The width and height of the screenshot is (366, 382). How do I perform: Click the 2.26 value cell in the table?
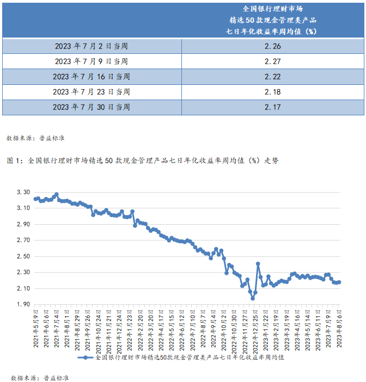point(272,46)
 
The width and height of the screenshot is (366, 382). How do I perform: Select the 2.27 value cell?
point(272,61)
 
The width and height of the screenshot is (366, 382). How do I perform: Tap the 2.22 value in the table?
point(272,77)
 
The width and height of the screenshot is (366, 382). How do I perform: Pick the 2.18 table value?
point(272,92)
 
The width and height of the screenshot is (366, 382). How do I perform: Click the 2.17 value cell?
point(272,107)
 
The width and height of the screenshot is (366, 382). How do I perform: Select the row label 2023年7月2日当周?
point(91,46)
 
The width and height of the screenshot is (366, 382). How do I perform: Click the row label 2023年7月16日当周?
point(91,77)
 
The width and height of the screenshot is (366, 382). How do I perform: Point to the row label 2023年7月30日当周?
point(91,107)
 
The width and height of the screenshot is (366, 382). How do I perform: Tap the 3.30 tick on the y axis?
point(23,193)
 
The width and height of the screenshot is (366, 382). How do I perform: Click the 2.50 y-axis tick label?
point(23,256)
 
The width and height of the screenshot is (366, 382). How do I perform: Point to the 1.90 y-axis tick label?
point(23,304)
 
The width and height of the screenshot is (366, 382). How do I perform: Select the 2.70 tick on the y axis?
point(23,241)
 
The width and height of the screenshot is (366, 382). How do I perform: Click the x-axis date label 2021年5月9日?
point(36,326)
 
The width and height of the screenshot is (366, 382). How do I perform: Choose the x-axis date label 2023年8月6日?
point(340,326)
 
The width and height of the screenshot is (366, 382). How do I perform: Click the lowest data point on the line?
point(253,298)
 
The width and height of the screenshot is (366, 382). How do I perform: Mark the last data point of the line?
point(339,282)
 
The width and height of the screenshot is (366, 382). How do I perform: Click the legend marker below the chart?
point(86,358)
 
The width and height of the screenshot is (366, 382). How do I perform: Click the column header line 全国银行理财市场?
point(272,9)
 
